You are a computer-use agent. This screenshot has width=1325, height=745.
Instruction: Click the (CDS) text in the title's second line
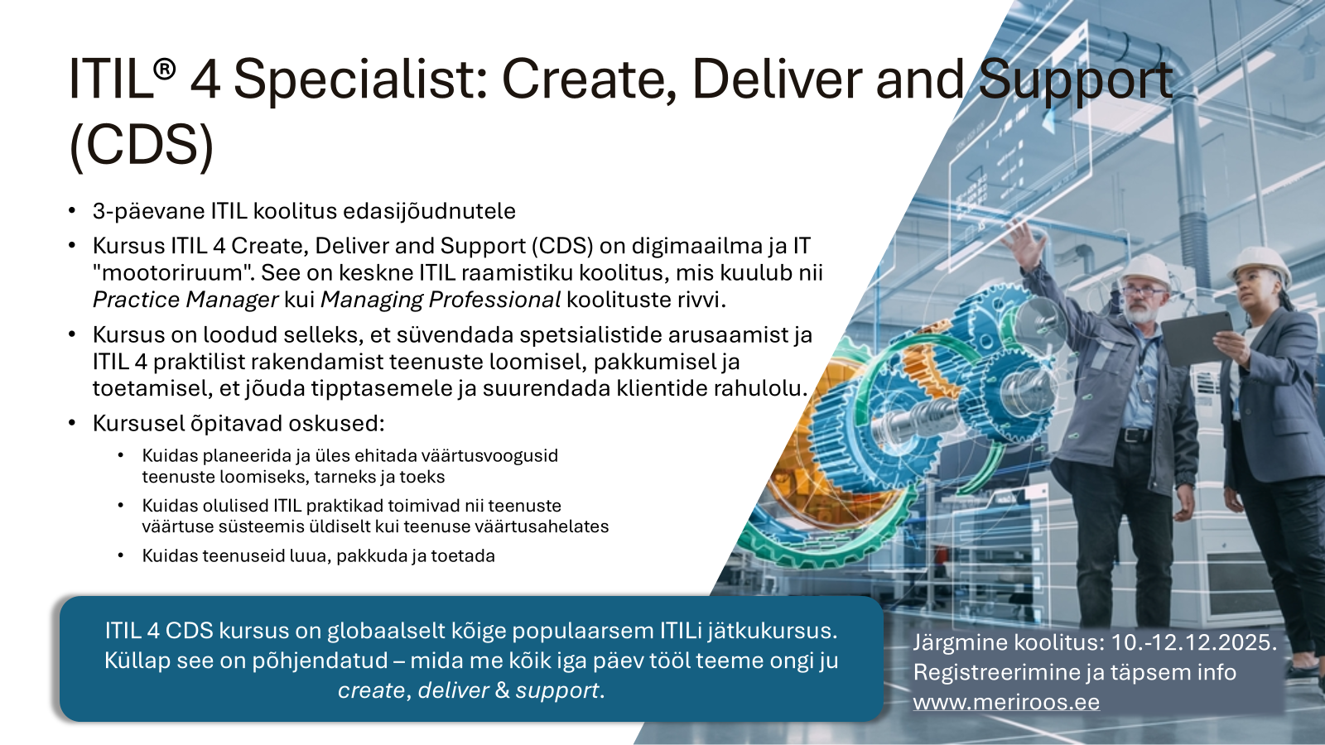click(142, 146)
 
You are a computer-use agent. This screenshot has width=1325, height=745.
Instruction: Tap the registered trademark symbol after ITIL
click(165, 69)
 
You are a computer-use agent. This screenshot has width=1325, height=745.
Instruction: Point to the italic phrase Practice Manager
click(185, 300)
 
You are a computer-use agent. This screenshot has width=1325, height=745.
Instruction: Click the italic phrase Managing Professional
click(441, 300)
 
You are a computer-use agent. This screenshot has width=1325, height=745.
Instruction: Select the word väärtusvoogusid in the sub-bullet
click(489, 456)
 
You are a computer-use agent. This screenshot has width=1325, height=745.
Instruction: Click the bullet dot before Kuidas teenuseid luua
click(121, 555)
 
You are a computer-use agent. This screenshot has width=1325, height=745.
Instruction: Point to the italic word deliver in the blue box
click(453, 690)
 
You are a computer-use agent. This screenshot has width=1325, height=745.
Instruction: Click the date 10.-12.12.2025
click(1193, 642)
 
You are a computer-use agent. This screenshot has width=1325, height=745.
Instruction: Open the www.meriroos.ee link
click(1006, 703)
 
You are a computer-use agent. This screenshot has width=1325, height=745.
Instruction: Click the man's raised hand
click(1027, 243)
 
